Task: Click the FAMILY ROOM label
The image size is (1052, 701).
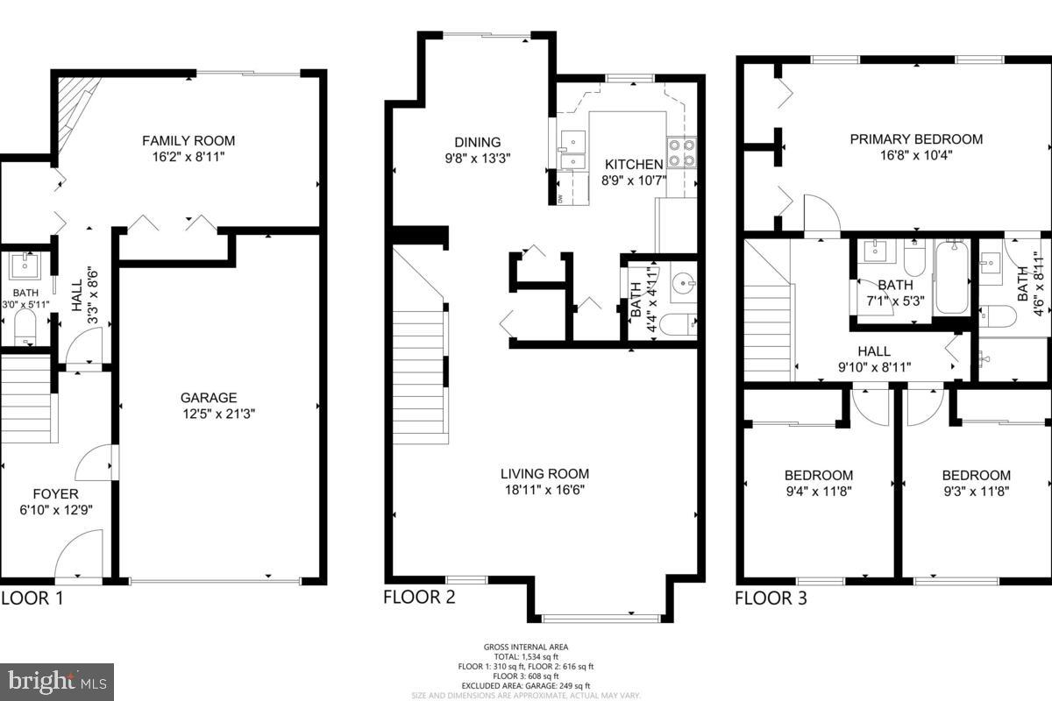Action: pyautogui.click(x=188, y=140)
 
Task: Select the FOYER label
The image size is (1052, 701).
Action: pyautogui.click(x=56, y=494)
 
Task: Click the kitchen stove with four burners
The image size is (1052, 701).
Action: pyautogui.click(x=682, y=153)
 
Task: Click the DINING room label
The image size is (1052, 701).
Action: pyautogui.click(x=477, y=142)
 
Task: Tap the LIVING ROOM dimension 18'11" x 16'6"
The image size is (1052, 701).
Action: pyautogui.click(x=544, y=490)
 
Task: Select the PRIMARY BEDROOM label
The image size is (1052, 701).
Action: pyautogui.click(x=916, y=138)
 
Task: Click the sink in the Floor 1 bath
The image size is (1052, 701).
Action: pyautogui.click(x=25, y=266)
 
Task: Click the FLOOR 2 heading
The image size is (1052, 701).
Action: pyautogui.click(x=419, y=598)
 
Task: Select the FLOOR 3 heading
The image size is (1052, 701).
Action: pyautogui.click(x=770, y=598)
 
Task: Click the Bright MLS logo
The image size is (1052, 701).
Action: pyautogui.click(x=57, y=679)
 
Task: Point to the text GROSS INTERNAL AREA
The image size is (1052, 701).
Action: pyautogui.click(x=525, y=648)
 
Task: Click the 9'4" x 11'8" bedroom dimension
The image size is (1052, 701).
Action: pyautogui.click(x=818, y=492)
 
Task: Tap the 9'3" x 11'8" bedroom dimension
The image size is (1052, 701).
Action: pyautogui.click(x=976, y=492)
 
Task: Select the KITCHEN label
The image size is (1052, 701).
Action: pyautogui.click(x=632, y=165)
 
